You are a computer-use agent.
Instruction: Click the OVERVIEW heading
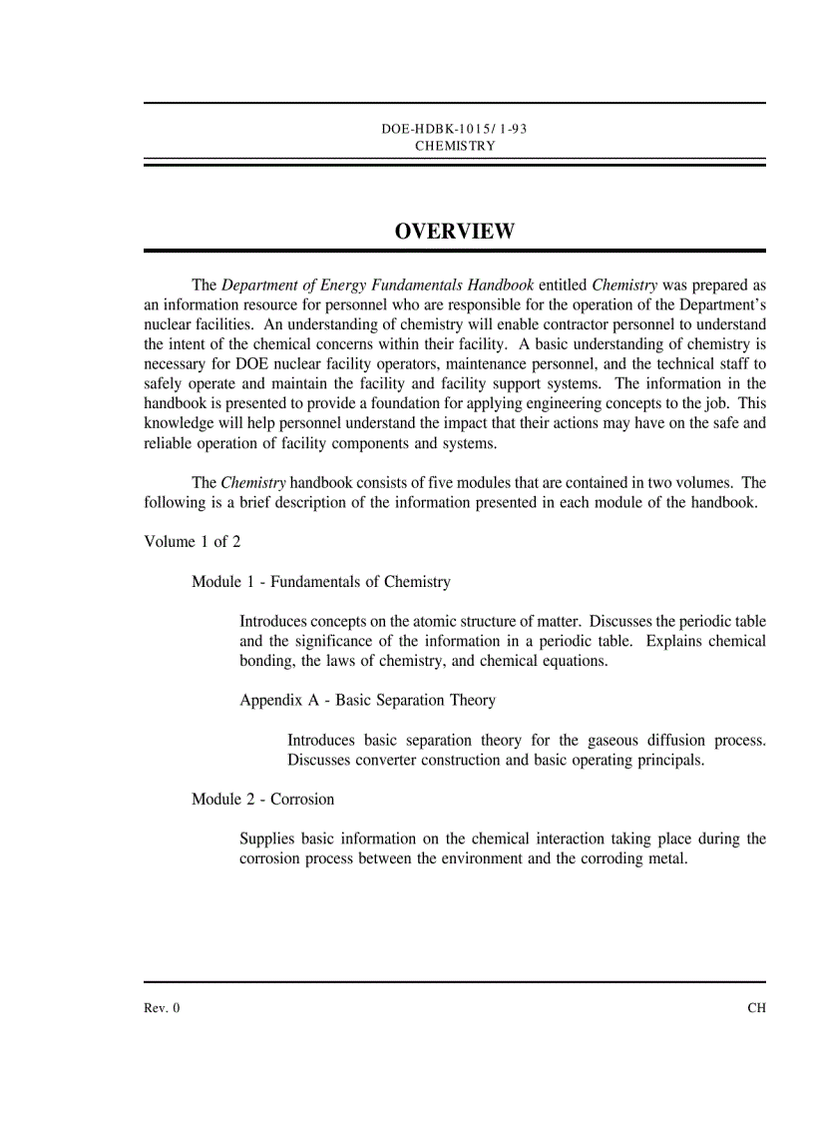[x=455, y=232]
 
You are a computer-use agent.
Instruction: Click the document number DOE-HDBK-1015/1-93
[x=454, y=130]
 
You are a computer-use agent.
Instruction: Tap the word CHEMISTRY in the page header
[x=455, y=146]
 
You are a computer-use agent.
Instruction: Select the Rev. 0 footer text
[x=163, y=1008]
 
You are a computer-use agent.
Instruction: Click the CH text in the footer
[x=756, y=1008]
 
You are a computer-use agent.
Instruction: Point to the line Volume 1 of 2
[x=193, y=542]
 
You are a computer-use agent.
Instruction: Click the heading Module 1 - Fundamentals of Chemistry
[x=321, y=582]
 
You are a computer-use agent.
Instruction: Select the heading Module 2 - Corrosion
[x=263, y=800]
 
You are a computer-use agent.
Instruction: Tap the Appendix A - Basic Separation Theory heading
[x=367, y=701]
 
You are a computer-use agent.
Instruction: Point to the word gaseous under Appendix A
[x=610, y=741]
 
